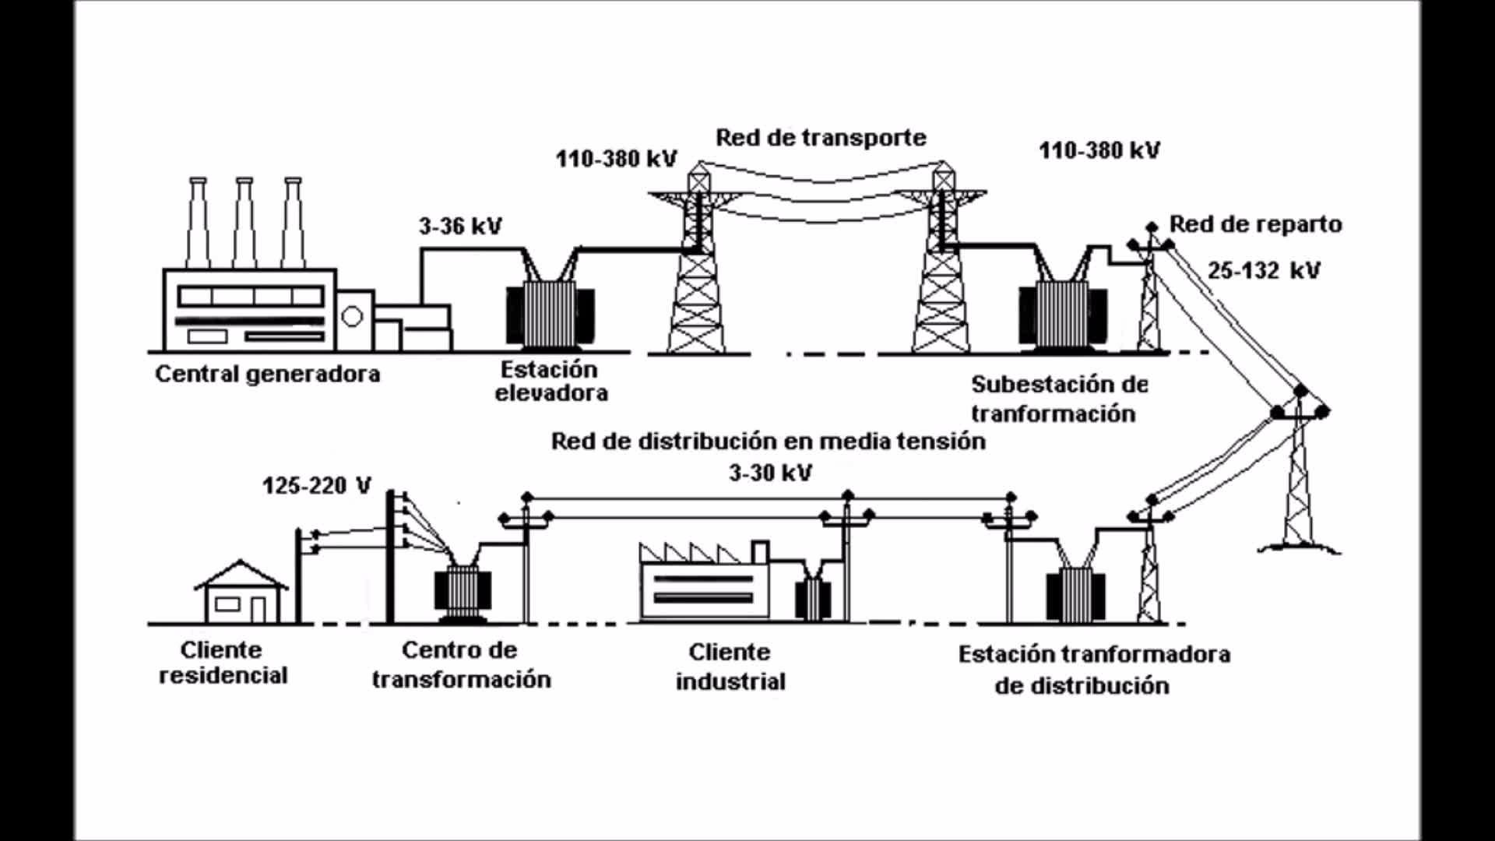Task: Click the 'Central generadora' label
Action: click(267, 374)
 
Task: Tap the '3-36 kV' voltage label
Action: click(460, 227)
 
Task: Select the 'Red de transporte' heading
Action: click(821, 138)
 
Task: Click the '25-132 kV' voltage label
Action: click(1264, 271)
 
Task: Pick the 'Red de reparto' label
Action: click(1255, 224)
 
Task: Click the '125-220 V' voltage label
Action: click(317, 486)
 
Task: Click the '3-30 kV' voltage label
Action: click(770, 473)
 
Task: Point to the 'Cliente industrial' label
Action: click(730, 667)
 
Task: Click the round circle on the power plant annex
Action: click(352, 316)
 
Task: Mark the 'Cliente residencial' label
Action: click(222, 663)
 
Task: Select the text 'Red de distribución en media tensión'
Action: click(768, 442)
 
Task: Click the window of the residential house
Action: click(227, 604)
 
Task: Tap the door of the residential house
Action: click(258, 609)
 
